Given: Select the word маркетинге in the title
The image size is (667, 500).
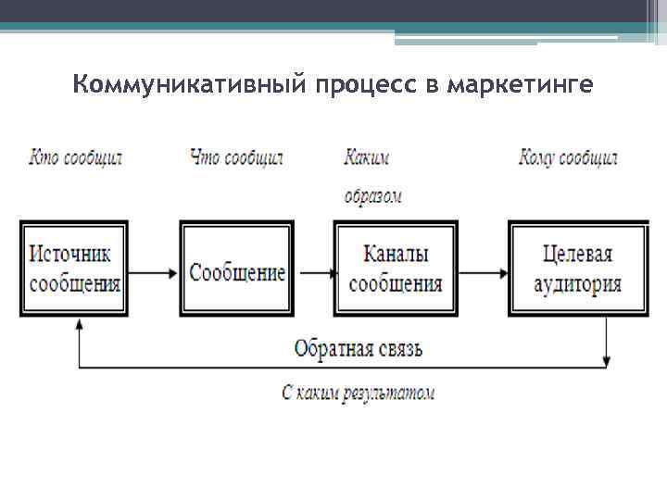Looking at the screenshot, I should pyautogui.click(x=519, y=86).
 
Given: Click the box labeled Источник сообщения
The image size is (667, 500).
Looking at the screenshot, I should pyautogui.click(x=75, y=269).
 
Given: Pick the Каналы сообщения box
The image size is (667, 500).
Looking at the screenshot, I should pyautogui.click(x=396, y=269).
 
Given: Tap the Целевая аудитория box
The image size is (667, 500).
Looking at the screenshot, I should pyautogui.click(x=576, y=269).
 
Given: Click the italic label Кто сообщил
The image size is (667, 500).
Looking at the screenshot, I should pyautogui.click(x=75, y=157).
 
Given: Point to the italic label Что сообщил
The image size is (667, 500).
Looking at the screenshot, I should pyautogui.click(x=235, y=157).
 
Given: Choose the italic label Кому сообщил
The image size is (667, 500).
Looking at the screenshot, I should pyautogui.click(x=567, y=157).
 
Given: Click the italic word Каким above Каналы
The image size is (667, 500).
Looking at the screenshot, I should pyautogui.click(x=366, y=157).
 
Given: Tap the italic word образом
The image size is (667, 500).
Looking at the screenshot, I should pyautogui.click(x=372, y=196).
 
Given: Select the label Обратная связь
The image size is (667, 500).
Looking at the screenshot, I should pyautogui.click(x=358, y=349).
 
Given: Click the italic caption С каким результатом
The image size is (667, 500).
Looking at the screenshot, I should pyautogui.click(x=358, y=393).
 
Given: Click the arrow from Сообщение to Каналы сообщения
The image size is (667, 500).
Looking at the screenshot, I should pyautogui.click(x=315, y=272).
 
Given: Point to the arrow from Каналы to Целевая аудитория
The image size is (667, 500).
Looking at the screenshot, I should pyautogui.click(x=483, y=272).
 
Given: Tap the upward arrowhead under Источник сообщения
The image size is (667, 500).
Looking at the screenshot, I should pyautogui.click(x=80, y=325).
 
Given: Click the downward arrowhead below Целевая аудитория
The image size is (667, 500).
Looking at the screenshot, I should pyautogui.click(x=607, y=359).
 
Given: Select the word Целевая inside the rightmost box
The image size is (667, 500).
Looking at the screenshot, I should pyautogui.click(x=577, y=254).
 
